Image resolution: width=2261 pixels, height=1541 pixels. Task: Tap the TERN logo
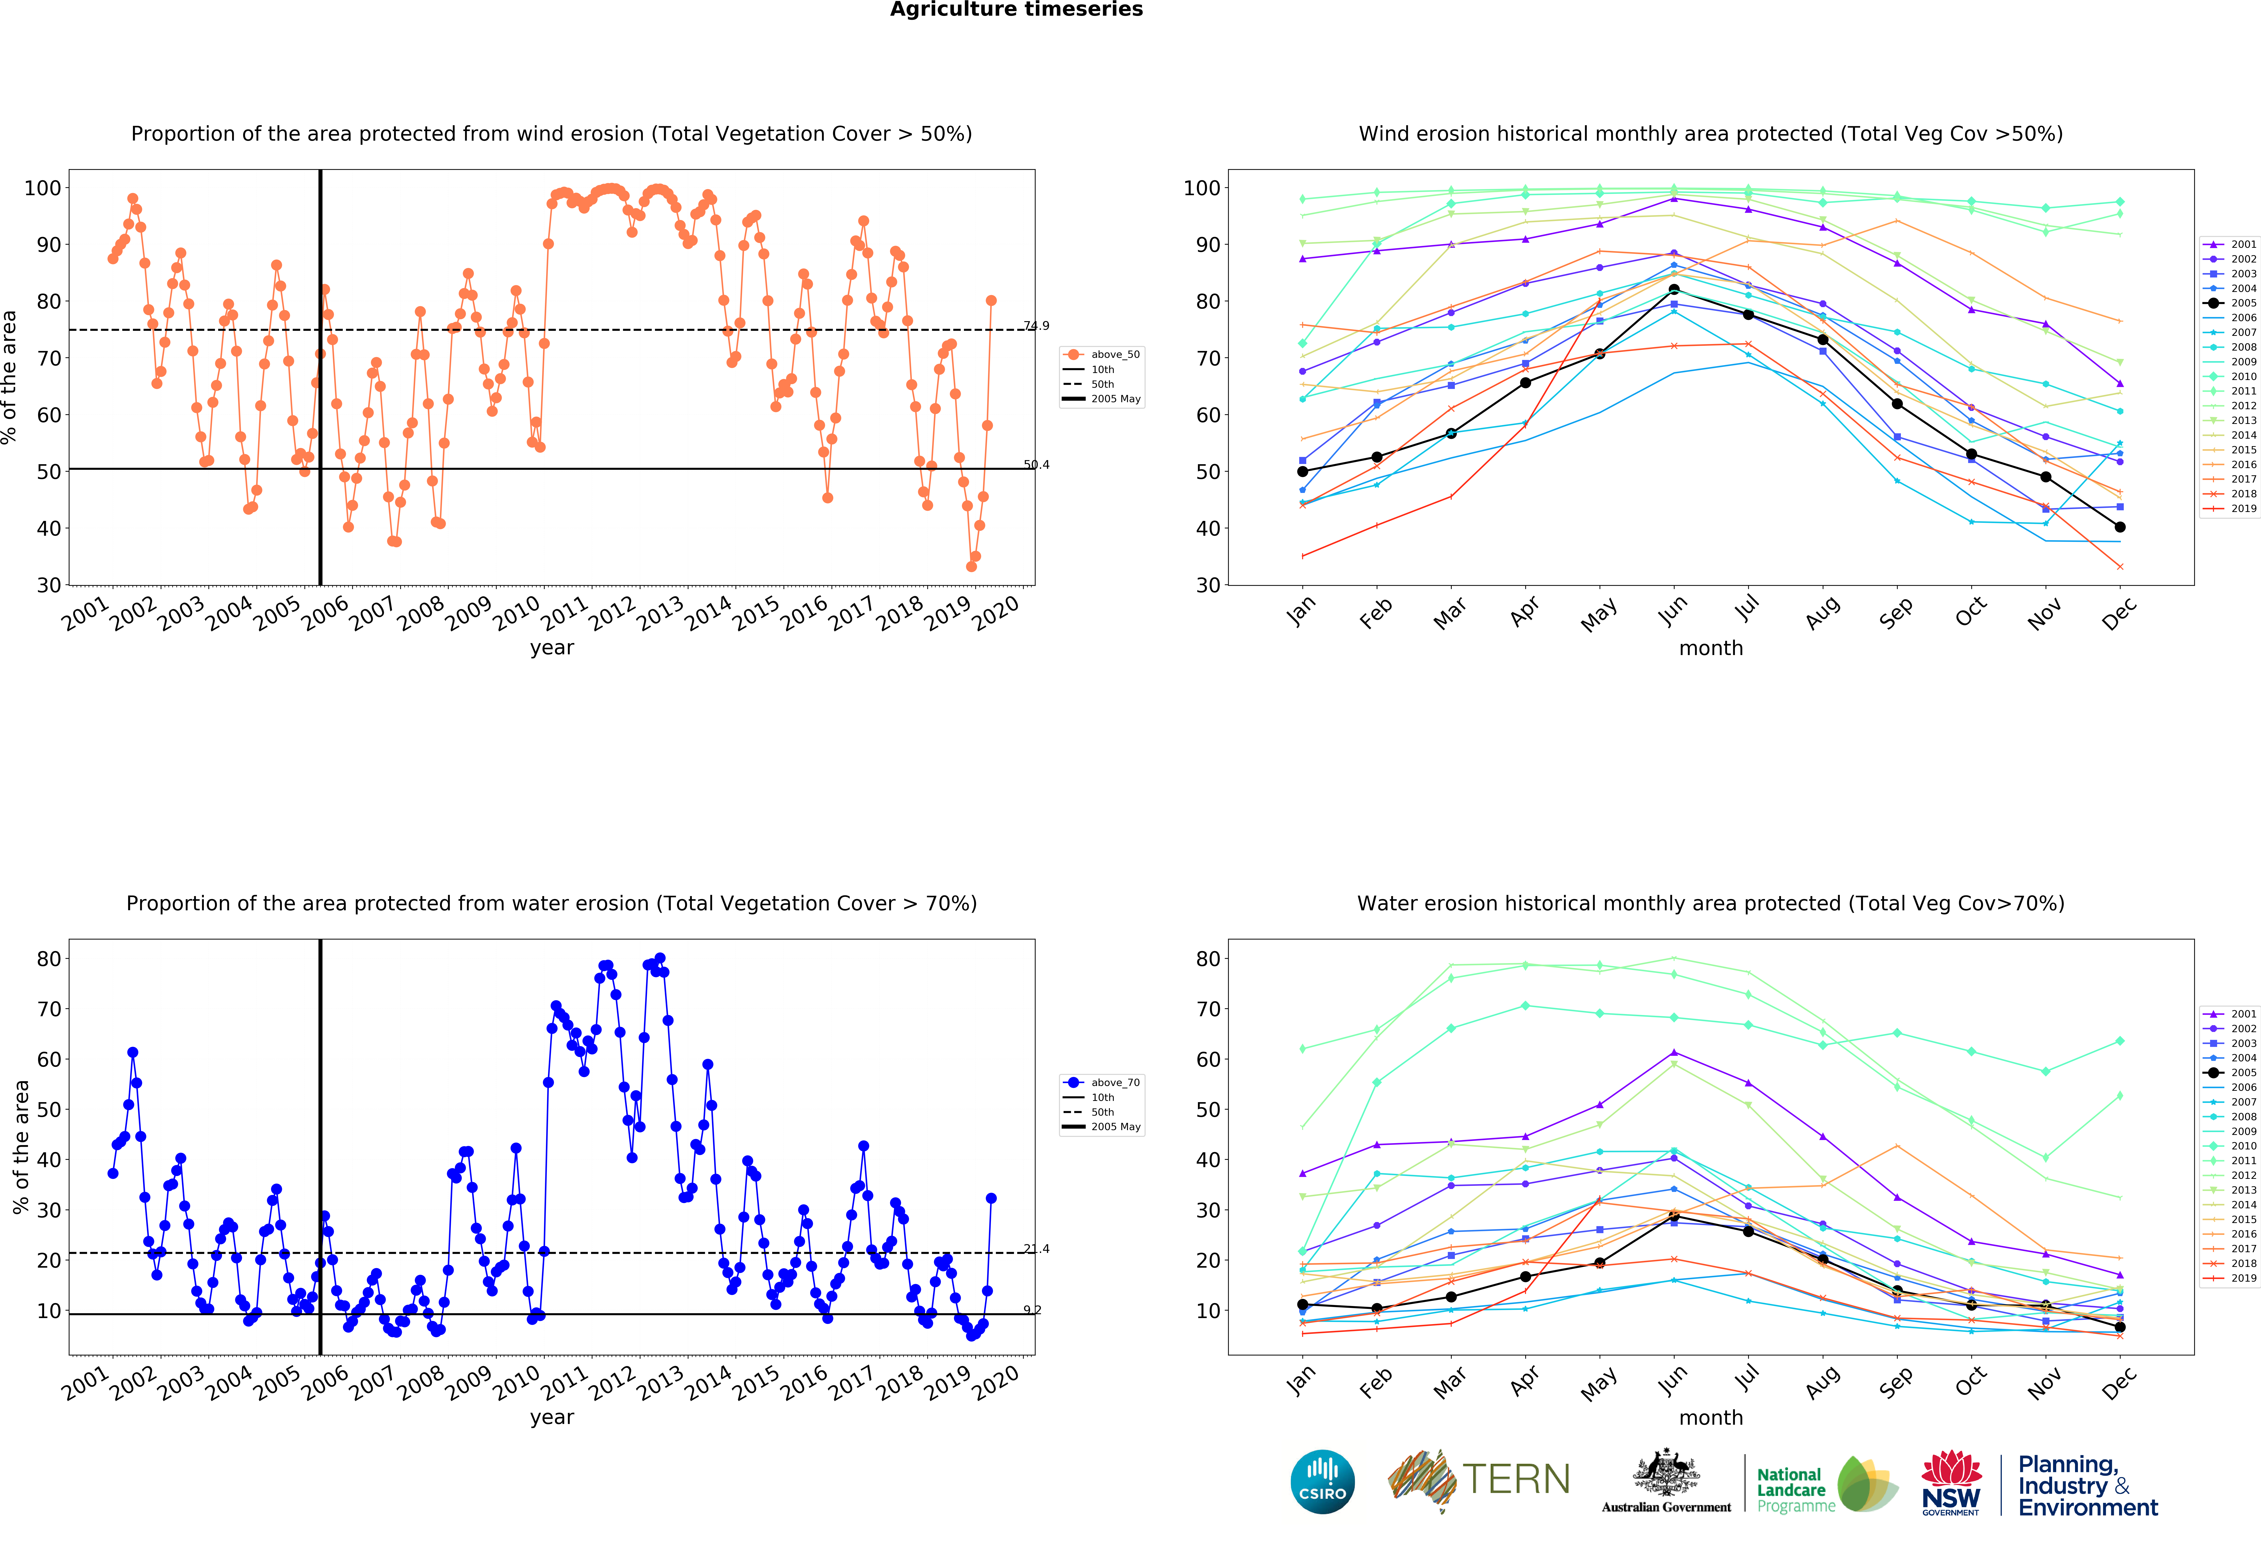pyautogui.click(x=1479, y=1480)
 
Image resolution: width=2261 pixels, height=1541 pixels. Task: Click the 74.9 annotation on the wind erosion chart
pyautogui.click(x=1036, y=326)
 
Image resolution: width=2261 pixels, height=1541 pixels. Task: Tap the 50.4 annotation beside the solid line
pyautogui.click(x=1036, y=465)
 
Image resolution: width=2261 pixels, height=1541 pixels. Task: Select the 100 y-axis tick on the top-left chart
pyautogui.click(x=43, y=188)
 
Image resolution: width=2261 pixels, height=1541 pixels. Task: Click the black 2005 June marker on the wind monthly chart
pyautogui.click(x=1673, y=290)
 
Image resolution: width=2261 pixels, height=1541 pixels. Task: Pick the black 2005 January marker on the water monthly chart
pyautogui.click(x=1303, y=1305)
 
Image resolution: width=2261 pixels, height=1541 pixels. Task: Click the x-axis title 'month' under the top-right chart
pyautogui.click(x=1710, y=648)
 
